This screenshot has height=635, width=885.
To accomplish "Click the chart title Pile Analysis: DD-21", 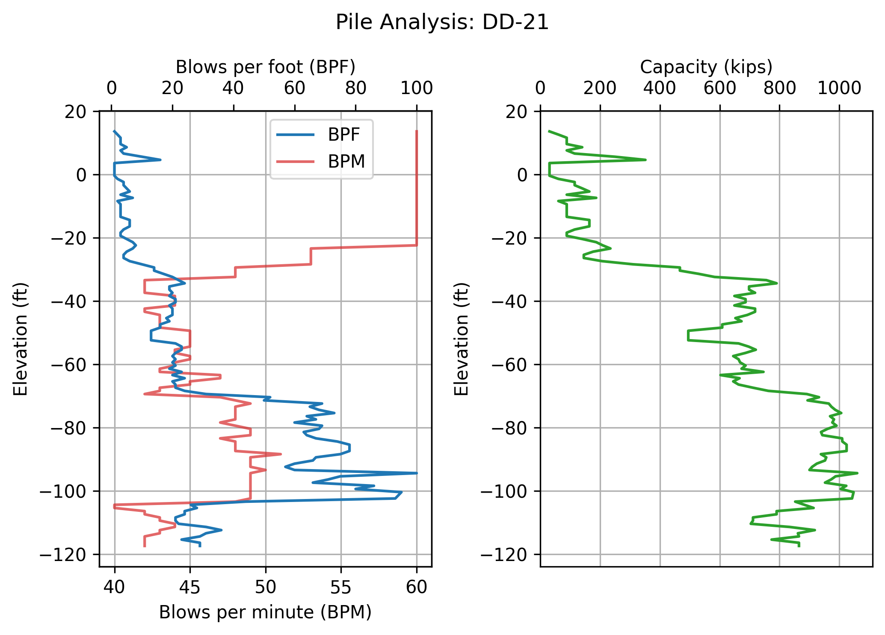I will click(442, 22).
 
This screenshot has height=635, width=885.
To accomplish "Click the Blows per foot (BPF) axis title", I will click(265, 67).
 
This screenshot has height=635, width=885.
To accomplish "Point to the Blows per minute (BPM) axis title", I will click(265, 612).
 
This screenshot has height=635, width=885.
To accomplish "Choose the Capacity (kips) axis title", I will click(706, 67).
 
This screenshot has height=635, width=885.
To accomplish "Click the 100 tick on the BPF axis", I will click(417, 89).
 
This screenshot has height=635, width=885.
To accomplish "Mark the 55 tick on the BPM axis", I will click(341, 588).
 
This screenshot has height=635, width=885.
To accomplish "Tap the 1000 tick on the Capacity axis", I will click(839, 89).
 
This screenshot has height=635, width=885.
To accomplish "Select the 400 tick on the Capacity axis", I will click(660, 89).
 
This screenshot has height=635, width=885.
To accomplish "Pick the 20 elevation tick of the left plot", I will click(75, 112).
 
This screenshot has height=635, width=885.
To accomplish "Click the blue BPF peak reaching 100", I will click(416, 473).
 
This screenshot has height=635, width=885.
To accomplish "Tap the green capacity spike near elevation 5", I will click(645, 159).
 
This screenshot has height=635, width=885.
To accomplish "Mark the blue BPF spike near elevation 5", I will click(160, 159).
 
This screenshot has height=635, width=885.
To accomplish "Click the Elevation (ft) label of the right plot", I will click(462, 339).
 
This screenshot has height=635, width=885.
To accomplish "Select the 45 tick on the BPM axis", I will click(190, 588).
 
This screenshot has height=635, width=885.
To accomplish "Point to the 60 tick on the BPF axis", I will click(295, 89).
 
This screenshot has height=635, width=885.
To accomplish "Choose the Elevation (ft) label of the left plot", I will click(21, 339).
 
